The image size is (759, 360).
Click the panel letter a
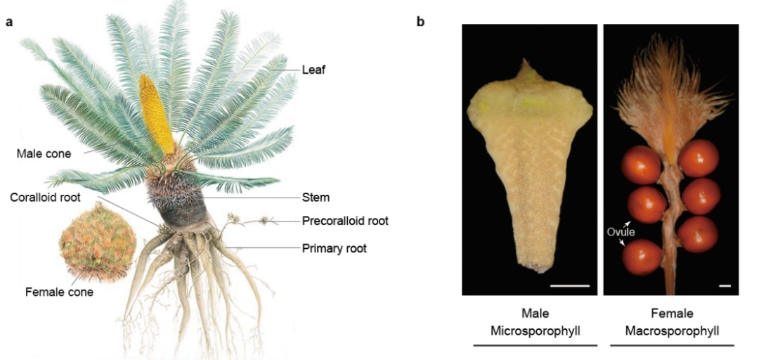coord(9,22)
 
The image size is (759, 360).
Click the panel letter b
coord(421,21)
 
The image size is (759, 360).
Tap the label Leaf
coord(313,70)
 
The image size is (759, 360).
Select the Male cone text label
coord(44,154)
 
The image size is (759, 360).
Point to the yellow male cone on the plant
coord(156,114)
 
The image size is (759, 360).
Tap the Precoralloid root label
coord(345,221)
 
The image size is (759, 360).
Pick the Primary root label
coord(334,249)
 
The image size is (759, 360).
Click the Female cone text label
coord(59,292)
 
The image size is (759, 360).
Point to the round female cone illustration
coord(97,242)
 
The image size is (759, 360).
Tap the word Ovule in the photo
coord(620,231)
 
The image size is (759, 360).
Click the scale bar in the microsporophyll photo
coord(570,286)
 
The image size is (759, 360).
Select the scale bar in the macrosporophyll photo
coord(725,286)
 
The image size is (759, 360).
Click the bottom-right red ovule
coord(698,235)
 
